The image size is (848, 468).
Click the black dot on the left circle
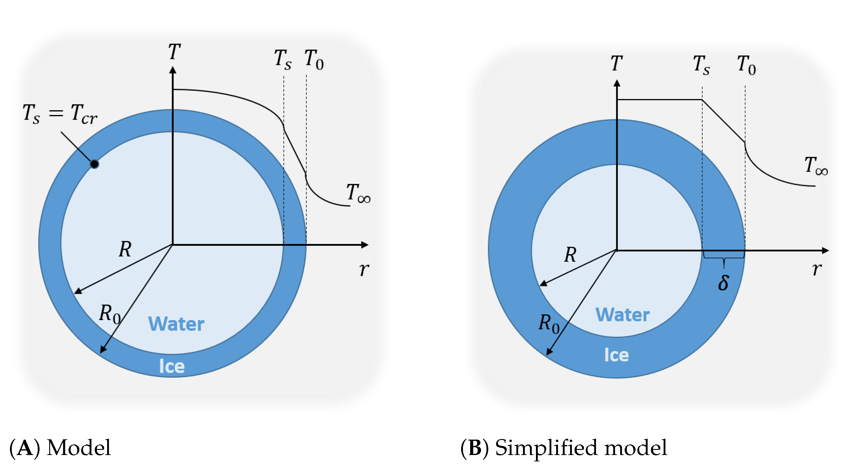(94, 164)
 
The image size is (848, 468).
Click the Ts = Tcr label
(60, 114)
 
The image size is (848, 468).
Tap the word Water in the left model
(176, 324)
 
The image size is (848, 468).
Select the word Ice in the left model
(171, 366)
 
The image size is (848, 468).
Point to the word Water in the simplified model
(623, 315)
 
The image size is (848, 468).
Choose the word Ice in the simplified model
(616, 355)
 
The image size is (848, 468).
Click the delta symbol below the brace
(723, 283)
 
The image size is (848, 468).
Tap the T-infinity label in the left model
(358, 193)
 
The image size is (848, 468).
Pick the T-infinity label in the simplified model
(816, 166)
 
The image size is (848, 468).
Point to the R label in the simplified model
(570, 255)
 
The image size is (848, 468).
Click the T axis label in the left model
(174, 52)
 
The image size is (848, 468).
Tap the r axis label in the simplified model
(817, 269)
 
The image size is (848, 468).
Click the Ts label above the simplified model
(701, 65)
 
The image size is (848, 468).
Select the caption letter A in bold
(25, 448)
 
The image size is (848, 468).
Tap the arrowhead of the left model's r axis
(365, 245)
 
